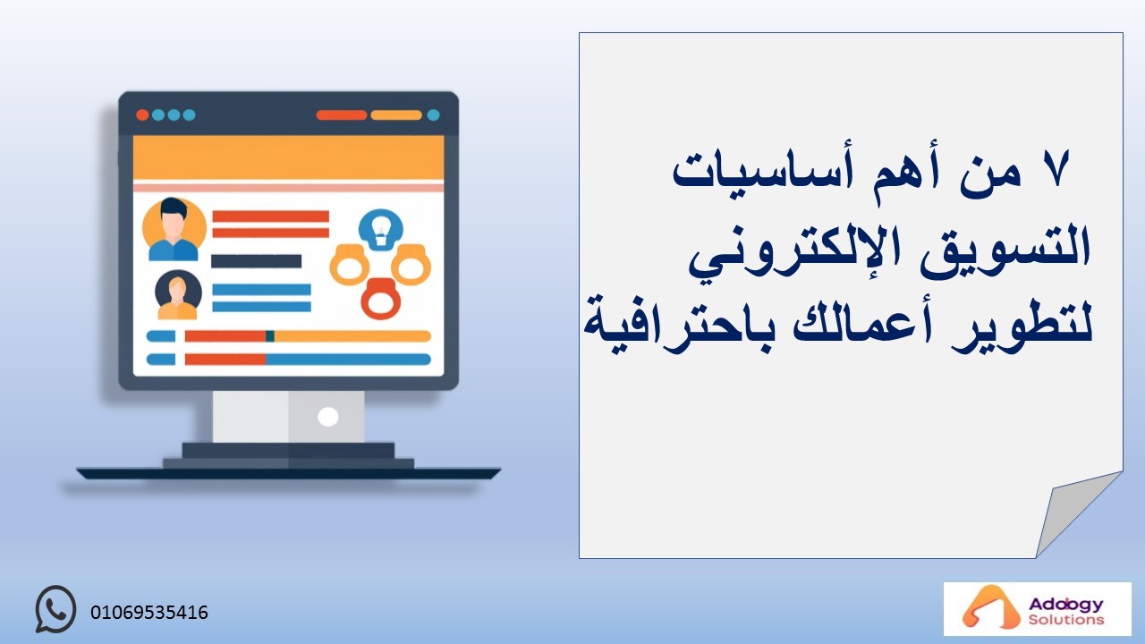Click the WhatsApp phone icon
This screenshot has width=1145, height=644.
[x=55, y=609]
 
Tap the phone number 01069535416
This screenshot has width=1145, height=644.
[x=149, y=613]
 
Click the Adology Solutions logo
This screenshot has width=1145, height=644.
[x=1037, y=609]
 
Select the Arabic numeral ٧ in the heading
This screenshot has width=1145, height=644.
[x=1056, y=169]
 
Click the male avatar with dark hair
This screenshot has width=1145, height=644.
[x=174, y=230]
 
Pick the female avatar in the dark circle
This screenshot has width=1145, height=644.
[x=178, y=295]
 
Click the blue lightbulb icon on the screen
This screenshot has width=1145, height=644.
[x=380, y=230]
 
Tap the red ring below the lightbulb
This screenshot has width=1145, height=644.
[x=381, y=299]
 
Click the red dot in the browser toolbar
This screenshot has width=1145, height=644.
[x=142, y=115]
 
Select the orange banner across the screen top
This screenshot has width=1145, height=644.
[x=288, y=157]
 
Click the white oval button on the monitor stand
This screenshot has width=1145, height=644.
[x=327, y=417]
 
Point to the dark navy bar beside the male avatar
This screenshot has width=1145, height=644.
[x=256, y=261]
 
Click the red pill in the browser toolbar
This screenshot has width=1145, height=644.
[x=342, y=115]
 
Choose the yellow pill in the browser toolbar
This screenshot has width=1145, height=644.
[x=396, y=115]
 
